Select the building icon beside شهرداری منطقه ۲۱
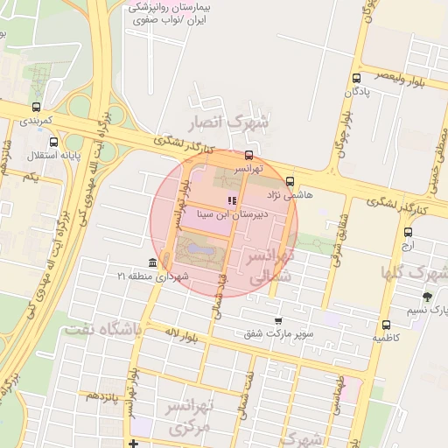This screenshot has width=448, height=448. (x=153, y=263)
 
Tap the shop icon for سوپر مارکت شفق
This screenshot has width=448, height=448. (x=278, y=320)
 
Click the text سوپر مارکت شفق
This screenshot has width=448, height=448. (x=278, y=333)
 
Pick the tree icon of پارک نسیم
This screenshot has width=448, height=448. (x=427, y=297)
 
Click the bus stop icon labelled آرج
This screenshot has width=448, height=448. (x=409, y=232)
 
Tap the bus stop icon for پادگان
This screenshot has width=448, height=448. (x=356, y=77)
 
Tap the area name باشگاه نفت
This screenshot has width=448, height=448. (x=101, y=330)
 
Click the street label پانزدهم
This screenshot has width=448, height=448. (x=105, y=395)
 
